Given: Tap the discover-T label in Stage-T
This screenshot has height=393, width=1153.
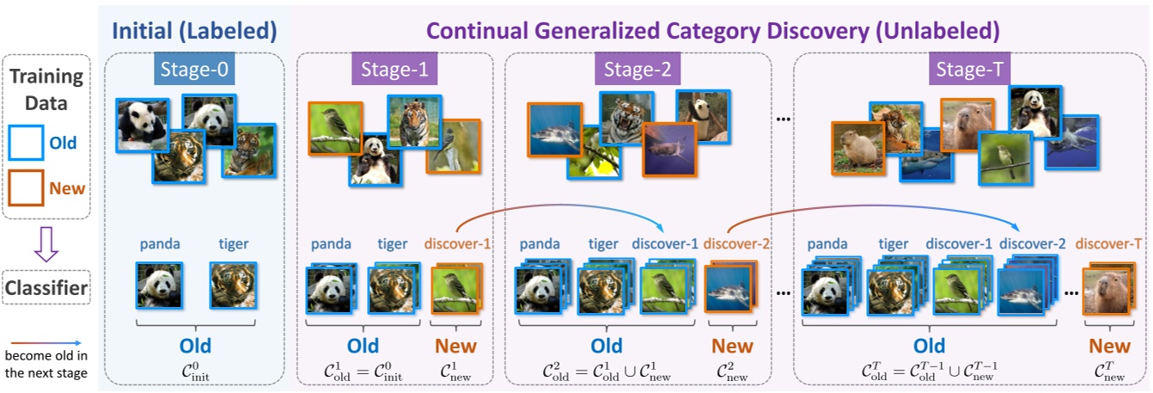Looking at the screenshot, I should (x=1102, y=243).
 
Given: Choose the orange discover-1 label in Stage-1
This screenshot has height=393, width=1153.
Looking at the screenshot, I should (x=458, y=243).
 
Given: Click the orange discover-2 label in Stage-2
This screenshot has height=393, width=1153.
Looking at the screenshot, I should (x=735, y=243).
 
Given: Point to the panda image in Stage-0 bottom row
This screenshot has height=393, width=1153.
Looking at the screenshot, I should (x=159, y=285).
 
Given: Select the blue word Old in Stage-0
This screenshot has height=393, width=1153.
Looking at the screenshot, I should (x=195, y=346).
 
